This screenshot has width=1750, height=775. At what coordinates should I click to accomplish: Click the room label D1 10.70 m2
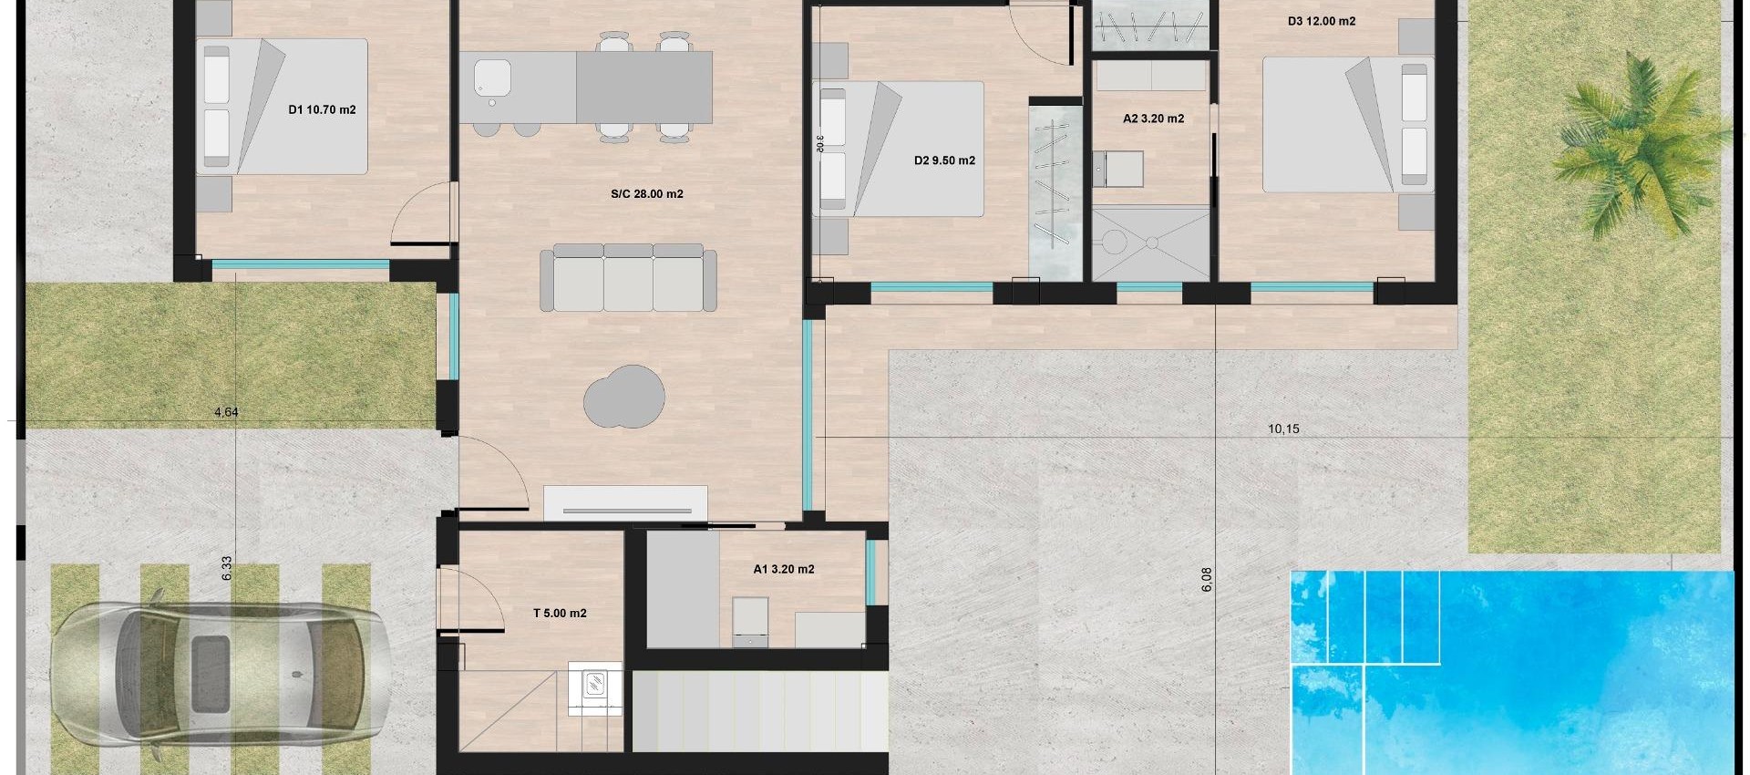click(322, 109)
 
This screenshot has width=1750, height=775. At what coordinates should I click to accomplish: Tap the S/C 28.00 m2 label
click(646, 194)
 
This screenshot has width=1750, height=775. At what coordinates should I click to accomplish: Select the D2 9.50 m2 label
click(944, 160)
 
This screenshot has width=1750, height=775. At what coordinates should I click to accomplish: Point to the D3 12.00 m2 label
click(1322, 21)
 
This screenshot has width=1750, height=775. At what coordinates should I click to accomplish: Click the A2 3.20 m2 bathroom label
click(1153, 119)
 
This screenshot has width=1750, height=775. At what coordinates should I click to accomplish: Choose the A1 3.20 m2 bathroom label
click(783, 569)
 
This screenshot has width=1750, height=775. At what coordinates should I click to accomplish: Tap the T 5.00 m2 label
click(559, 614)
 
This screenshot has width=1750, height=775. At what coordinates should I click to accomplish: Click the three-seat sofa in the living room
click(627, 277)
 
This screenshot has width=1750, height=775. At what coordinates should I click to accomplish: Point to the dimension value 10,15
click(1282, 429)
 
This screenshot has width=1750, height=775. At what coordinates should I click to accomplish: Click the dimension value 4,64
click(226, 412)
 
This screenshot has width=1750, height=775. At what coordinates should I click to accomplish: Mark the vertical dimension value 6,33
click(227, 568)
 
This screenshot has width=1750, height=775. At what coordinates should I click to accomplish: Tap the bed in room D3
click(1347, 125)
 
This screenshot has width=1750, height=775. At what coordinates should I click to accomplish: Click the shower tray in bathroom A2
click(1152, 243)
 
